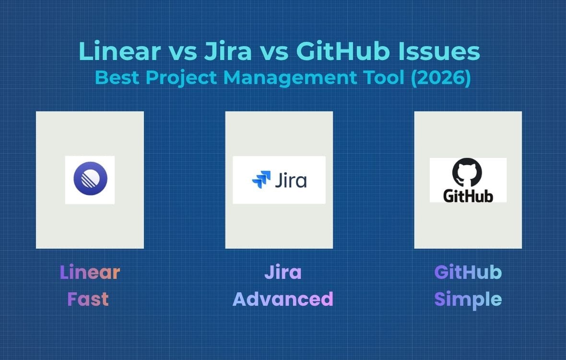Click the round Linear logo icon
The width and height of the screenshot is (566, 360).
(x=90, y=180)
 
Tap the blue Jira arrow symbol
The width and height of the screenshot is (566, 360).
(x=261, y=180)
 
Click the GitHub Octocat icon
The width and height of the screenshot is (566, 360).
(x=468, y=173)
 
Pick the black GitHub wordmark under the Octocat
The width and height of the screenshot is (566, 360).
(x=468, y=195)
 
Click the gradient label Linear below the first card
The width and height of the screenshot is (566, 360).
(x=90, y=273)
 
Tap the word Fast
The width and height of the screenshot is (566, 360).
(x=88, y=299)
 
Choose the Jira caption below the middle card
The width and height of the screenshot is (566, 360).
(x=283, y=273)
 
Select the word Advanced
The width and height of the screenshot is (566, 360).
(x=283, y=299)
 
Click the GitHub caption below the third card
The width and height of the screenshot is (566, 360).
(x=468, y=273)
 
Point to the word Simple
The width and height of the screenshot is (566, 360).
(x=468, y=299)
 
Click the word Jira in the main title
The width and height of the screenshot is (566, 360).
(x=227, y=52)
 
